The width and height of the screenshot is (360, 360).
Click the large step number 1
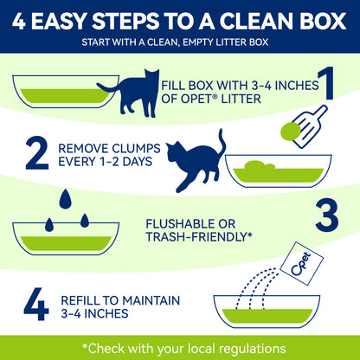pos(325,83)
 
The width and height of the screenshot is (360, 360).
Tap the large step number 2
pos(37,153)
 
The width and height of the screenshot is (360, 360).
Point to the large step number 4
pos(36,304)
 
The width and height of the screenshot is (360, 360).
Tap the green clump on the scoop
pos(291,132)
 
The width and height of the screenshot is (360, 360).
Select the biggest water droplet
pos(66,199)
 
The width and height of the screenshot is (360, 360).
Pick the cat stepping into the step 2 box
pos(196,162)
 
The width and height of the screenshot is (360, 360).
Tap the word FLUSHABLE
pos(178,224)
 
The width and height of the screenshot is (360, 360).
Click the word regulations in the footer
pos(253,349)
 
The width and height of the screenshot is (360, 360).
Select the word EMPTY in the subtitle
pos(200,42)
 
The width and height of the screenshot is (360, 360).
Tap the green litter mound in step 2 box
pos(260,166)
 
